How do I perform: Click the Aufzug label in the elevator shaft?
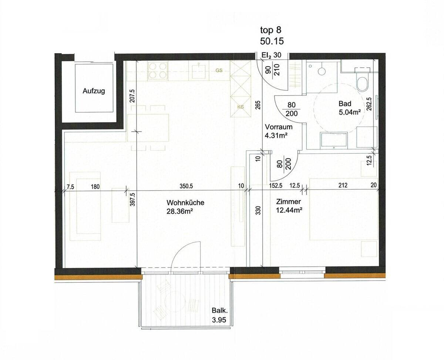[x=94, y=91]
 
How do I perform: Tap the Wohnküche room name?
[x=185, y=202]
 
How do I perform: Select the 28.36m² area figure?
[x=179, y=212]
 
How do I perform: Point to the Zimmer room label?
[x=288, y=202]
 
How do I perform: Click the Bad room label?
[x=345, y=104]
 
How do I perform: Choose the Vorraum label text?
[x=279, y=127]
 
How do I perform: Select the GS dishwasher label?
[x=219, y=70]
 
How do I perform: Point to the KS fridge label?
[x=240, y=107]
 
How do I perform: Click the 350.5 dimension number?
[x=186, y=186]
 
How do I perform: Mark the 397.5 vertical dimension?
[x=133, y=199]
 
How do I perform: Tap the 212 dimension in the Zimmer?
[x=343, y=185]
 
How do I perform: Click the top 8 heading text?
[x=271, y=30]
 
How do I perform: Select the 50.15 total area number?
[x=272, y=41]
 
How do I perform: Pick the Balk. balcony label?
[x=220, y=310]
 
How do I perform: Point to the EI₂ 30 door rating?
[x=272, y=55]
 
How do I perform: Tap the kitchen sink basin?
[x=199, y=71]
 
